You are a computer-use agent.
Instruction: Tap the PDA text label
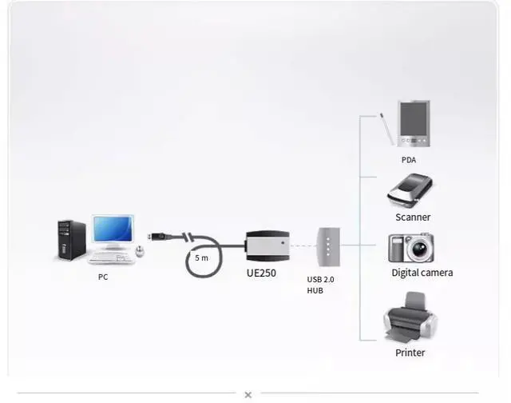(409, 160)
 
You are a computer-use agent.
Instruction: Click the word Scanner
(413, 217)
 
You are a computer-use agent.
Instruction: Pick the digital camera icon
(410, 248)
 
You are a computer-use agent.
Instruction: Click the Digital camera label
(422, 273)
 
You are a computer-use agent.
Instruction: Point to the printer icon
(410, 317)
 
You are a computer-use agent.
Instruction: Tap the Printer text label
(410, 353)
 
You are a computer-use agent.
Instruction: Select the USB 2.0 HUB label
(320, 285)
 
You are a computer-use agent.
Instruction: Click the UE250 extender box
(267, 245)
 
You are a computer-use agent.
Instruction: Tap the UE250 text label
(262, 272)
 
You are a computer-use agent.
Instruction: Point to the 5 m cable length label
(201, 258)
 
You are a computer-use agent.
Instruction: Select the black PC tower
(71, 240)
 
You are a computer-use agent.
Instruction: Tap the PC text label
(103, 277)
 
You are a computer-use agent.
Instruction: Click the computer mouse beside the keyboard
(141, 251)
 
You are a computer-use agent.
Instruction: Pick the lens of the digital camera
(417, 250)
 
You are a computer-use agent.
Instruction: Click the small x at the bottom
(248, 394)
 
